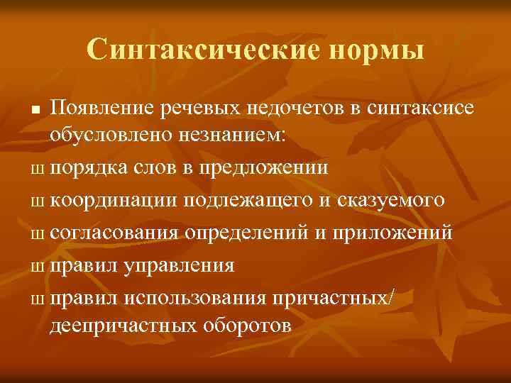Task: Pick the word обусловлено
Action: coord(104,136)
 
